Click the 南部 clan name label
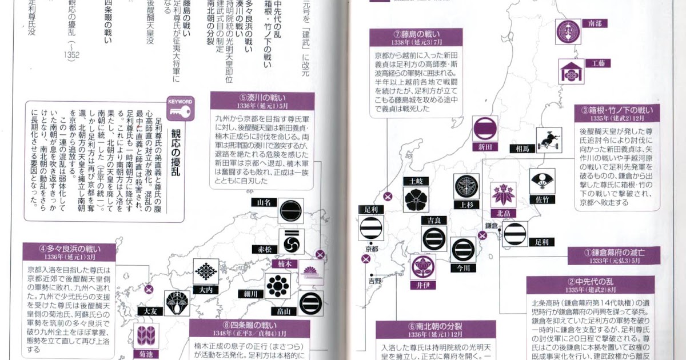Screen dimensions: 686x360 point(595,23)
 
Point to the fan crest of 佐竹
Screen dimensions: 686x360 point(542,181)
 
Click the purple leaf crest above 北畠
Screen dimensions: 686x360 point(504,195)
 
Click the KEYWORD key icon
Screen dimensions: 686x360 point(180,109)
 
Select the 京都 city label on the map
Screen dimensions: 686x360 point(372,249)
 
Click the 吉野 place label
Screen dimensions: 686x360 point(374,281)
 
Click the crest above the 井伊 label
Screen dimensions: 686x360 point(422,267)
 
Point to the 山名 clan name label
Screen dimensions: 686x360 point(264,202)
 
